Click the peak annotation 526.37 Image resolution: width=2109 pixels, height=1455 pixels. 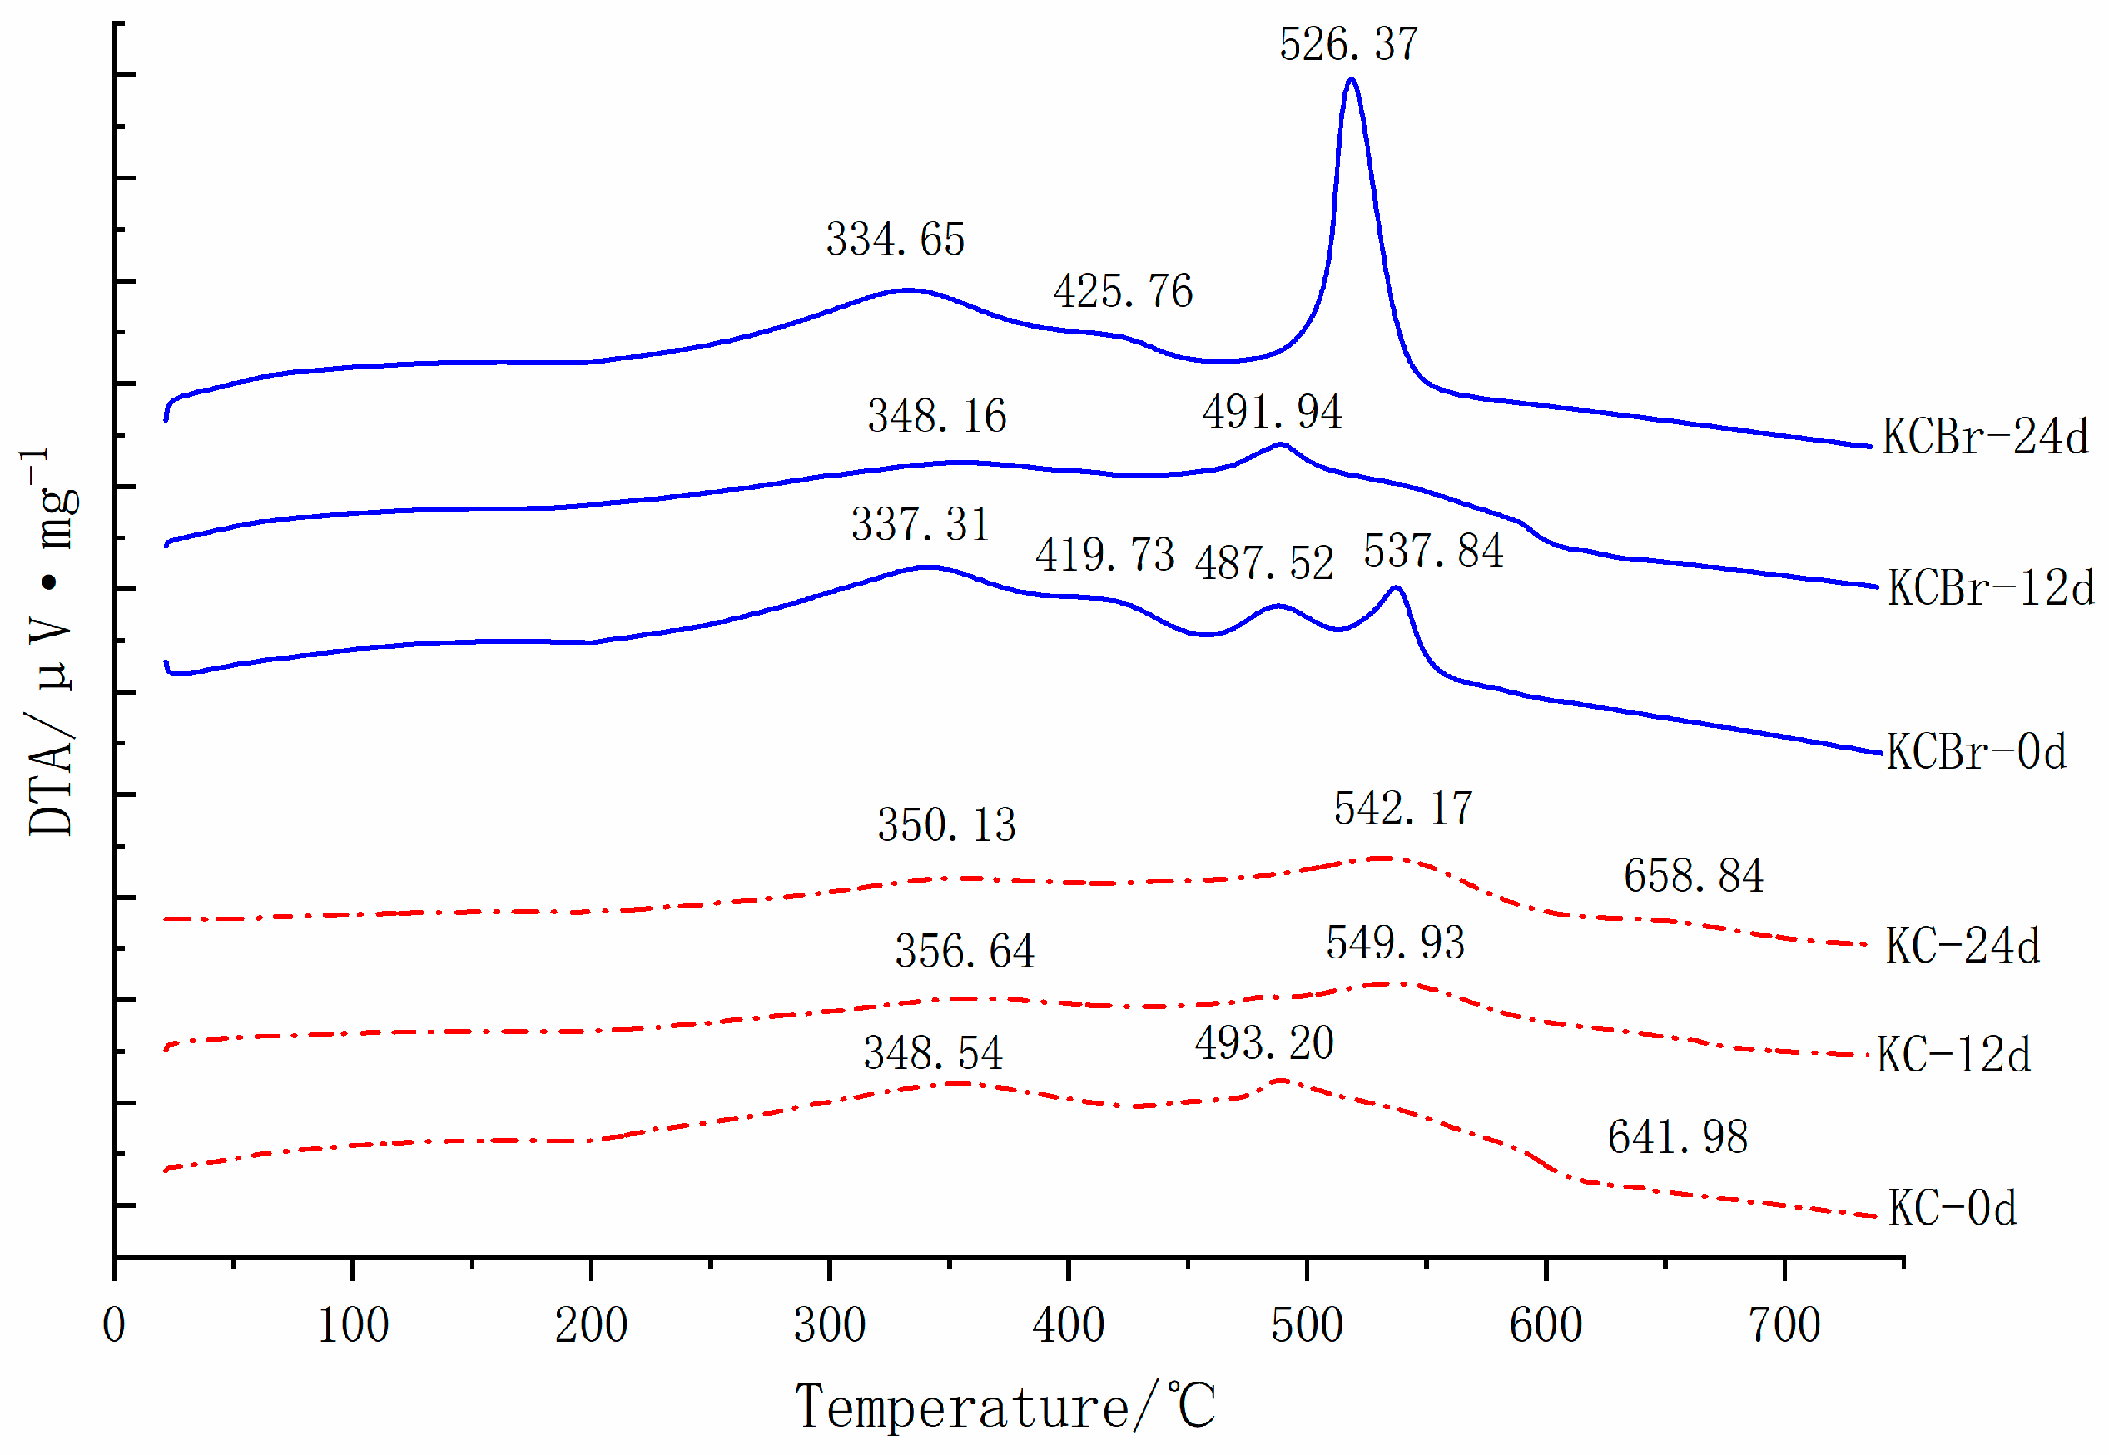click(1347, 44)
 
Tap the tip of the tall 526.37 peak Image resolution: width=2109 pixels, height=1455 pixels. click(1352, 80)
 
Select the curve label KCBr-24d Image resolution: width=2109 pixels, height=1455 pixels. click(1984, 437)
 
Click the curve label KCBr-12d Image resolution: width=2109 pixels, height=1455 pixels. click(1991, 588)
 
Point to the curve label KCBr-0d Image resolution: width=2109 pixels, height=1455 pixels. click(1976, 752)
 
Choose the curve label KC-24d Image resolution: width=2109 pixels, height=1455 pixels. click(1963, 945)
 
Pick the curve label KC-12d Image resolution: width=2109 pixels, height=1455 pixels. click(1953, 1056)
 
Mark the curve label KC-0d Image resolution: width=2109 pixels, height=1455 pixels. click(1951, 1208)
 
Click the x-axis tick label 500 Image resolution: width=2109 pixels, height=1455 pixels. click(1306, 1325)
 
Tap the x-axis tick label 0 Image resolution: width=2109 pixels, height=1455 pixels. click(114, 1325)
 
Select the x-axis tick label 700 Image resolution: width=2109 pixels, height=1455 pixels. click(1784, 1325)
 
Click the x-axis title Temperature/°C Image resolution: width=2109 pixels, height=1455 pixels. click(1005, 1406)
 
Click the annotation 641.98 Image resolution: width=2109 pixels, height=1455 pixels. click(1677, 1137)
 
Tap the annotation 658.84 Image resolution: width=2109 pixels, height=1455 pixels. click(1693, 876)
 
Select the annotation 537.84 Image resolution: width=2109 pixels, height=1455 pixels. click(1432, 552)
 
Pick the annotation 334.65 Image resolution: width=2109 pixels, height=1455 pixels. click(895, 240)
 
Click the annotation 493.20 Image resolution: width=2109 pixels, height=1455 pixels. click(1263, 1043)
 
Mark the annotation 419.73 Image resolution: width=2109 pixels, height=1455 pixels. click(1104, 555)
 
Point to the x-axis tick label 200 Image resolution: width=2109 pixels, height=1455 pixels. click(591, 1325)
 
